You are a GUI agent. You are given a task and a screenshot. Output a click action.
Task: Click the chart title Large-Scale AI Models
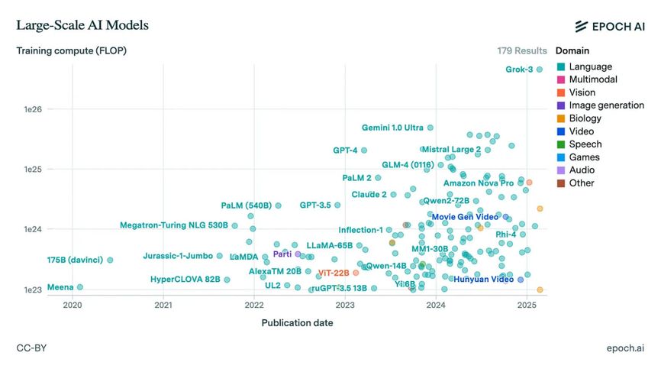tap(82, 25)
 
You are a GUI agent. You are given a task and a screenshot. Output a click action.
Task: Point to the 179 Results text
tap(522, 51)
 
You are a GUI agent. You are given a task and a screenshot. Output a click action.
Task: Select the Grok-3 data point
tap(539, 70)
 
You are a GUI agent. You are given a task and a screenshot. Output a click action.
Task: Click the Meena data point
tap(80, 287)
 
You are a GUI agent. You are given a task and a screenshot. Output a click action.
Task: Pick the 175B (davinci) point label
tap(80, 260)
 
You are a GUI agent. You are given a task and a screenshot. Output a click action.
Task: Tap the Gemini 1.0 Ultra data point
tap(430, 128)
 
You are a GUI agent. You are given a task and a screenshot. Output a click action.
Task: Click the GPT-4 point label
tap(345, 150)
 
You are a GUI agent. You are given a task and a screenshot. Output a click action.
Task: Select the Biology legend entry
tap(586, 118)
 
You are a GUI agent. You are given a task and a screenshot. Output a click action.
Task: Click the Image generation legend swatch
tap(561, 105)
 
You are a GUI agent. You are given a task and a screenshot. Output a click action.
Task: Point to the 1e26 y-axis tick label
tap(34, 109)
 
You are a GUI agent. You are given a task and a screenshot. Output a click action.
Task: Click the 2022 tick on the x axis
tap(254, 306)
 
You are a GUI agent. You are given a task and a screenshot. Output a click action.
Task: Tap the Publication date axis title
tap(297, 322)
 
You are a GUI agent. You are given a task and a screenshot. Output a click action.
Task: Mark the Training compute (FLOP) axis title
tap(72, 51)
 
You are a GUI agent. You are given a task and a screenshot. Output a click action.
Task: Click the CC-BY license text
tap(31, 348)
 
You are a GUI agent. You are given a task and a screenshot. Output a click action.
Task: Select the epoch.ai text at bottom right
tap(625, 348)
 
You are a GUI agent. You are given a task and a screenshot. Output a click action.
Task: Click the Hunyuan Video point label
tap(483, 280)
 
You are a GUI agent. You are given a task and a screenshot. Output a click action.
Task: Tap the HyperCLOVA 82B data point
tap(227, 280)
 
